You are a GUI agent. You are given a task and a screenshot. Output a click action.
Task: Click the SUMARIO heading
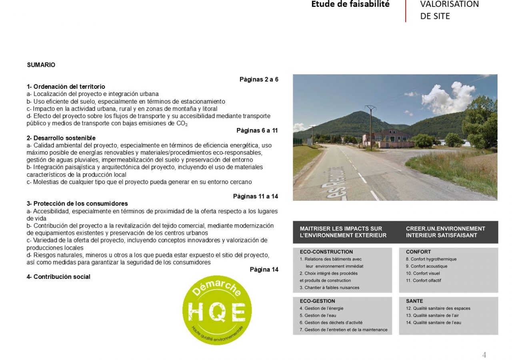(41, 65)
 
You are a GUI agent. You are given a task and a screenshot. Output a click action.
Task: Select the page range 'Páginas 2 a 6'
(258, 79)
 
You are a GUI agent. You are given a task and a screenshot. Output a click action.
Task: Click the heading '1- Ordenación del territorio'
(66, 86)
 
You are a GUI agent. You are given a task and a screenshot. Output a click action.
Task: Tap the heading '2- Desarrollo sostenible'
(61, 138)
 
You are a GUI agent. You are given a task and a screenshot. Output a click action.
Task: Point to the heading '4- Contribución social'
(58, 277)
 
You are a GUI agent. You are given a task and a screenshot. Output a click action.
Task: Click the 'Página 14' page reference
(264, 269)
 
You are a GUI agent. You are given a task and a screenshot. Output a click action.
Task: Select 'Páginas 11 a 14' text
(255, 196)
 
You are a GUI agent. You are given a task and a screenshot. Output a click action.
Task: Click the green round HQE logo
(217, 310)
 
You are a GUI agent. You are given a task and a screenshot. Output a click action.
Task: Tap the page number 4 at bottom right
(484, 355)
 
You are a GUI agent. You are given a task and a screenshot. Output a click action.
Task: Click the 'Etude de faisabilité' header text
(350, 4)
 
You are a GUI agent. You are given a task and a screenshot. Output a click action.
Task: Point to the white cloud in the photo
(448, 98)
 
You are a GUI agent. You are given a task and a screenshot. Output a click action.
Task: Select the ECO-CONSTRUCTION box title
(326, 252)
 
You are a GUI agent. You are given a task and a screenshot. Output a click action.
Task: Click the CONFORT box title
(418, 252)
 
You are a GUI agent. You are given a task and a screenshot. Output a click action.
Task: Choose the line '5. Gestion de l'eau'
(318, 316)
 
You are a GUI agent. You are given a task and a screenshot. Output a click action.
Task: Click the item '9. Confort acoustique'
(426, 266)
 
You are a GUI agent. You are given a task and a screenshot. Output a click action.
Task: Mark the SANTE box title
(414, 301)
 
